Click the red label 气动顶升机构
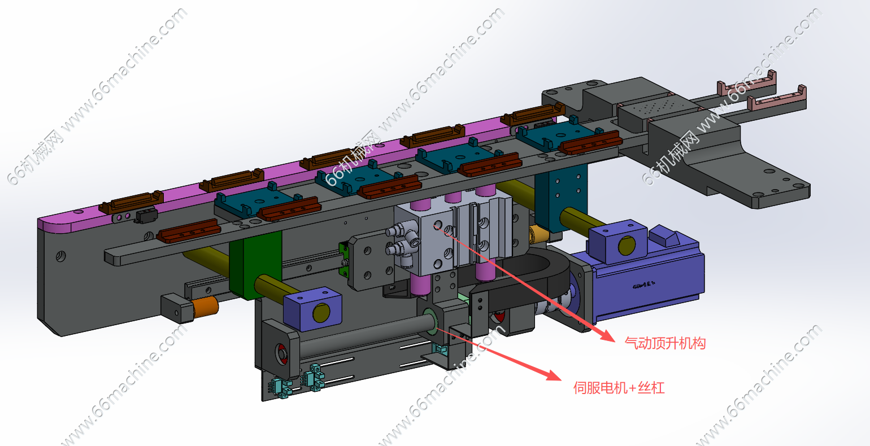click(x=665, y=343)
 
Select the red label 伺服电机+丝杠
click(x=619, y=388)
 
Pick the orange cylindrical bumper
click(x=205, y=307)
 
